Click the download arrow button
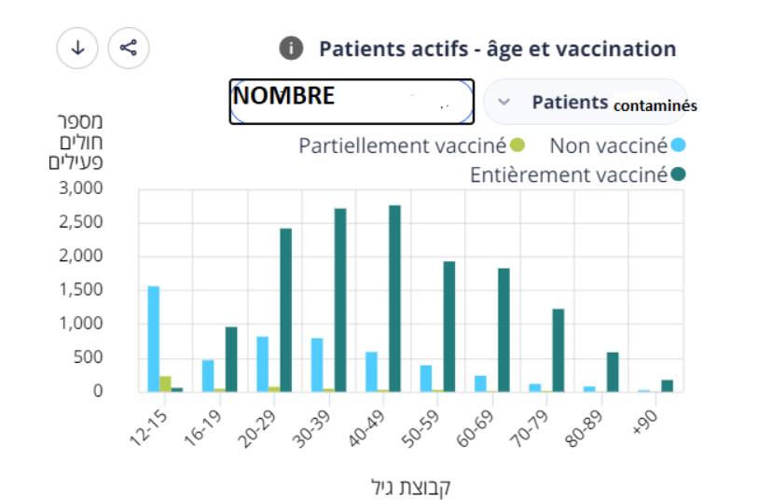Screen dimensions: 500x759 click(77, 48)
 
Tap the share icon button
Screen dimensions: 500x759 click(129, 48)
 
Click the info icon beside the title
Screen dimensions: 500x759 click(292, 49)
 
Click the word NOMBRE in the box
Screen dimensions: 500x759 click(283, 96)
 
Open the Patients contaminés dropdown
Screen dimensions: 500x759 click(585, 102)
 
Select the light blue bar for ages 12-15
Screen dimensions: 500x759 click(153, 339)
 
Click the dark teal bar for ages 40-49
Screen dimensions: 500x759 click(394, 299)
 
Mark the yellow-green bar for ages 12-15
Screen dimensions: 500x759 click(165, 383)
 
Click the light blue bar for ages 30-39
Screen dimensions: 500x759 click(317, 365)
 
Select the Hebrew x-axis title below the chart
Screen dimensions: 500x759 click(411, 486)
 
